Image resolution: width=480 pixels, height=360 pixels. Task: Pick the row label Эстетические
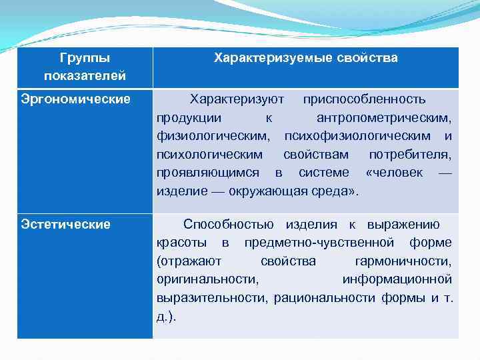click(65, 225)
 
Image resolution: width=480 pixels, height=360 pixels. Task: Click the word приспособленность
click(364, 100)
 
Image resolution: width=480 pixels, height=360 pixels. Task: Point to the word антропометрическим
click(384, 118)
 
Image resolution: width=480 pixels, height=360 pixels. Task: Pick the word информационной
click(397, 279)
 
